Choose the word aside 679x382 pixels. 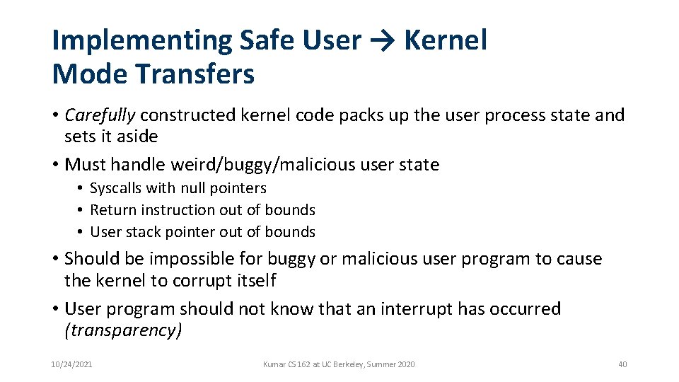tap(135, 136)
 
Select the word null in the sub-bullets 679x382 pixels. tap(192, 188)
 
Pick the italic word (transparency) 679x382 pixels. tap(123, 330)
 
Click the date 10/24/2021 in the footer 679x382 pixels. tap(71, 364)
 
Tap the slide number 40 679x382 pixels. tap(622, 364)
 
